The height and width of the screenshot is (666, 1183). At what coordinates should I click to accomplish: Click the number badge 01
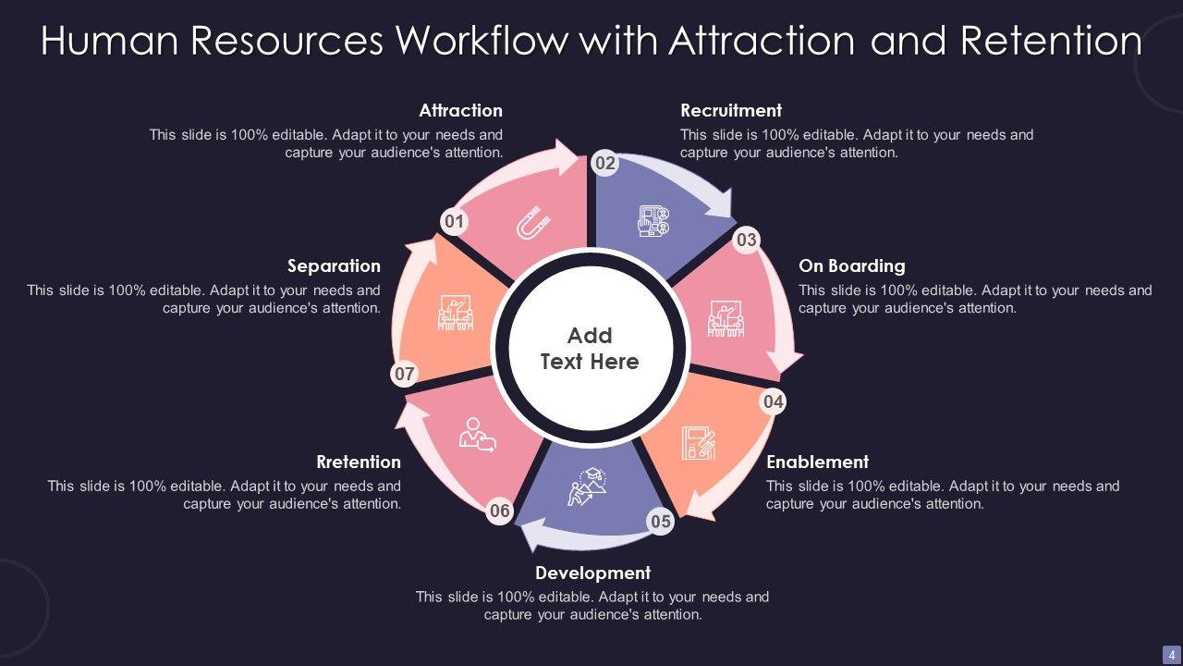[x=454, y=222]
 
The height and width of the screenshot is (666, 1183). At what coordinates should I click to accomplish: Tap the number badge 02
[x=605, y=164]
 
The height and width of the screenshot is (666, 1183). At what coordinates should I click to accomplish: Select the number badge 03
[x=746, y=240]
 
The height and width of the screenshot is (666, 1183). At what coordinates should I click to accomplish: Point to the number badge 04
[x=774, y=401]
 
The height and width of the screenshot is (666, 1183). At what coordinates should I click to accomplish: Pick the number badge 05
[x=661, y=522]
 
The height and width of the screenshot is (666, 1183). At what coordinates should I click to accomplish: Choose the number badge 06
[x=500, y=511]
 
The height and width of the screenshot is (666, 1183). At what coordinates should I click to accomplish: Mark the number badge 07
[x=405, y=375]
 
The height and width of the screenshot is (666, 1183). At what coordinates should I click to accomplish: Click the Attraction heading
[x=460, y=110]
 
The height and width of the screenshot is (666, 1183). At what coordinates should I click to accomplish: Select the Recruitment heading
[x=731, y=110]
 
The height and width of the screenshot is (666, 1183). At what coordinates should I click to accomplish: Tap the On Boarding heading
[x=851, y=265]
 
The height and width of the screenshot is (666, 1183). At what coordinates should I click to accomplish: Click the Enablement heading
[x=817, y=462]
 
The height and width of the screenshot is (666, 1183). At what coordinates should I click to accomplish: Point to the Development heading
[x=592, y=573]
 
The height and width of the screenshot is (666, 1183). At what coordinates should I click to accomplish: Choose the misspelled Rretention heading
[x=359, y=462]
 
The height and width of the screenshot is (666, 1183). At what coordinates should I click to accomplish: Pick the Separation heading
[x=334, y=265]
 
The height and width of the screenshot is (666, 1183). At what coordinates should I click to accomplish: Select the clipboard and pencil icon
[x=699, y=443]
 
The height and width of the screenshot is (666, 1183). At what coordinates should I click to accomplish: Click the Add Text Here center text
[x=590, y=349]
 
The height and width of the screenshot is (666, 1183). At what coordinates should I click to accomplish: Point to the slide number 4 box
[x=1171, y=654]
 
